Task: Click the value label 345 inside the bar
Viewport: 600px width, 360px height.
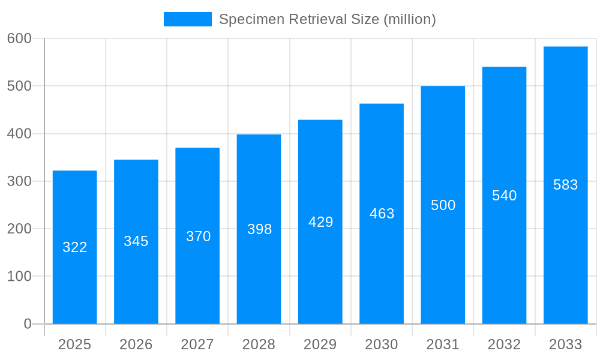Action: (x=136, y=241)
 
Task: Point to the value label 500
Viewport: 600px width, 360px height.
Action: (x=443, y=205)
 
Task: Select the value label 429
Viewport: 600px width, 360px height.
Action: (x=320, y=222)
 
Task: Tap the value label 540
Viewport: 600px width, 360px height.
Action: (x=504, y=196)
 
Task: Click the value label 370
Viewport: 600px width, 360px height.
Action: (x=198, y=236)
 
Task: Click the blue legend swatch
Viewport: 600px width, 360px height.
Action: (x=187, y=19)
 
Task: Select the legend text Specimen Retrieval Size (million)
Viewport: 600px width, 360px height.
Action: (x=327, y=19)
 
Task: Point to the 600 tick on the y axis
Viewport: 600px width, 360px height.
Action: (x=19, y=38)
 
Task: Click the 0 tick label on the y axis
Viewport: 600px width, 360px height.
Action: (x=28, y=324)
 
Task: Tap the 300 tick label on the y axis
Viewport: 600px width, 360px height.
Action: (x=19, y=181)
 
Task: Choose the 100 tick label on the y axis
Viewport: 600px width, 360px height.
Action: (x=19, y=277)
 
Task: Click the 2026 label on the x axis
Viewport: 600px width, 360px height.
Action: (x=136, y=344)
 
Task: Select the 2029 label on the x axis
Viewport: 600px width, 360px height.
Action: (x=320, y=344)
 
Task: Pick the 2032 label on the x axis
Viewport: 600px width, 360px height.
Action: (x=504, y=344)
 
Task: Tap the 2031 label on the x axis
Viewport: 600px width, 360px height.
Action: (x=443, y=344)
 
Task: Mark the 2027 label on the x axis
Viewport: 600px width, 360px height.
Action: (x=197, y=344)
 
